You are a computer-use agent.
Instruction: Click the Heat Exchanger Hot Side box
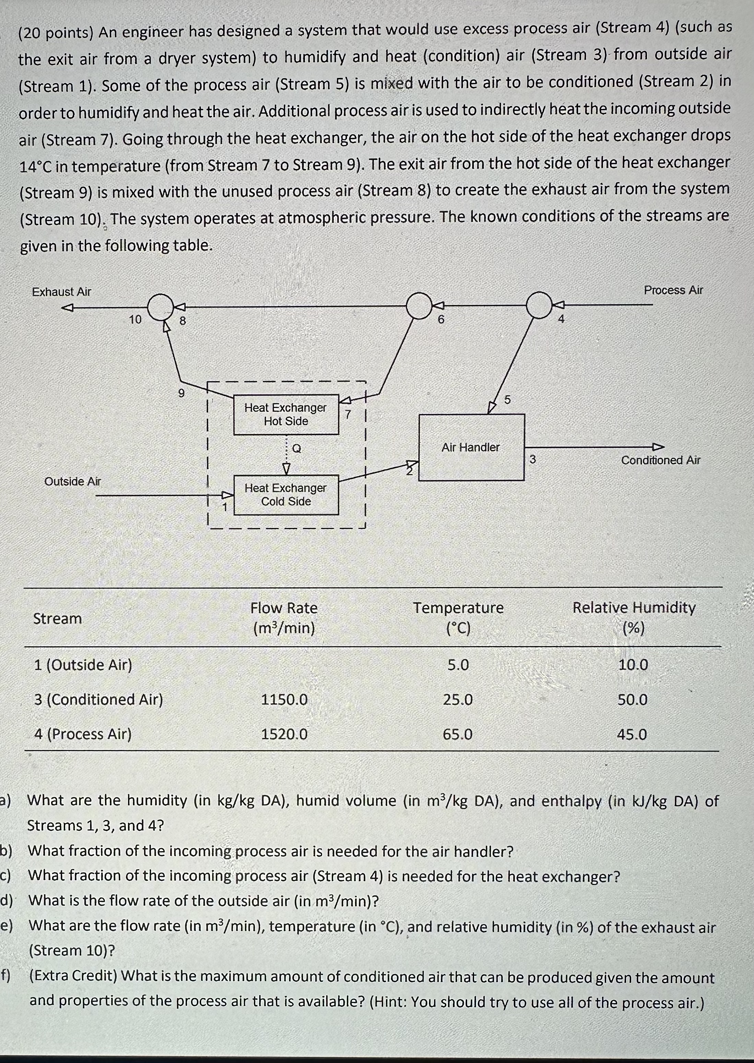285,414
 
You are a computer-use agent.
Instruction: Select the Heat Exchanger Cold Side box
285,494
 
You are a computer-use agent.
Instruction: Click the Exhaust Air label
62,292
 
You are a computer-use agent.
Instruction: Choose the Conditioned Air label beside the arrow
660,460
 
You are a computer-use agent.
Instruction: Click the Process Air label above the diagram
673,290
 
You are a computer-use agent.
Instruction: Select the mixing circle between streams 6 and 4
539,305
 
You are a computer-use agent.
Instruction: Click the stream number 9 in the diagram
181,393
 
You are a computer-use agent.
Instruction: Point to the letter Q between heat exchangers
297,448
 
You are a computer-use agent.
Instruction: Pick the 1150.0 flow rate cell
284,699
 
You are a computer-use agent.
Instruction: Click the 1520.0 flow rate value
284,734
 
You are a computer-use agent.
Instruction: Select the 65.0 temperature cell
458,734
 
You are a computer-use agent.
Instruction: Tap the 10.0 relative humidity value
633,665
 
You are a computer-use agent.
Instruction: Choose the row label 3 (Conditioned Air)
98,699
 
